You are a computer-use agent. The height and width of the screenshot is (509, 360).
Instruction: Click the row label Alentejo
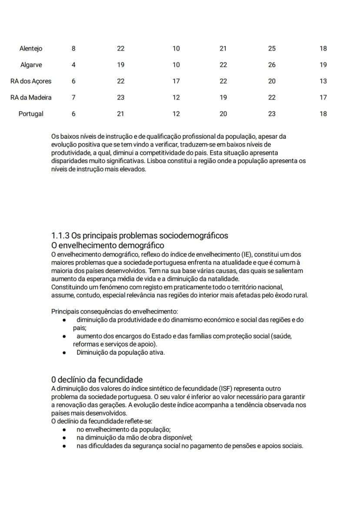(31, 49)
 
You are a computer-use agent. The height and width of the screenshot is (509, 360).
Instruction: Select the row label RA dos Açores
(31, 81)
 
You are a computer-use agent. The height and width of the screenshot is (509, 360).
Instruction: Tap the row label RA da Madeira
(31, 97)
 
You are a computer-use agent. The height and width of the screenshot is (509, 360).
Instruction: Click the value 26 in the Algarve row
(272, 65)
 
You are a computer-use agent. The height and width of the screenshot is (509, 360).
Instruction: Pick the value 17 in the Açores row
(176, 81)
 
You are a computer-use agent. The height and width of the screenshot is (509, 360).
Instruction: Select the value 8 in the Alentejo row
(73, 49)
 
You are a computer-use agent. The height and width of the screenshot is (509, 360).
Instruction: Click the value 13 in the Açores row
(323, 81)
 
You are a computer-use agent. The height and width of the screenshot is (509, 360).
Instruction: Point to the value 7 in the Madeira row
(73, 97)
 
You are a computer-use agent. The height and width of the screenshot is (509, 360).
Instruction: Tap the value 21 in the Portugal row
(120, 114)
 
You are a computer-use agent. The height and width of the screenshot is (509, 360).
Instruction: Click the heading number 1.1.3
(60, 236)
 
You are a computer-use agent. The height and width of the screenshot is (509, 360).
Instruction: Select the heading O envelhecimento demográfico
(107, 246)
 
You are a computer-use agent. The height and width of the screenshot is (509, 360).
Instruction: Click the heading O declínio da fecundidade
(97, 379)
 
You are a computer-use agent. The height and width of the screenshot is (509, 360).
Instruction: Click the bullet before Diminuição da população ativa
(64, 353)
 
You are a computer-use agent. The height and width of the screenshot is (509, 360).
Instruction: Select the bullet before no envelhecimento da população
(64, 429)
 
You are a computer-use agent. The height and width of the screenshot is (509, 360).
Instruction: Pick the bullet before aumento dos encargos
(64, 336)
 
